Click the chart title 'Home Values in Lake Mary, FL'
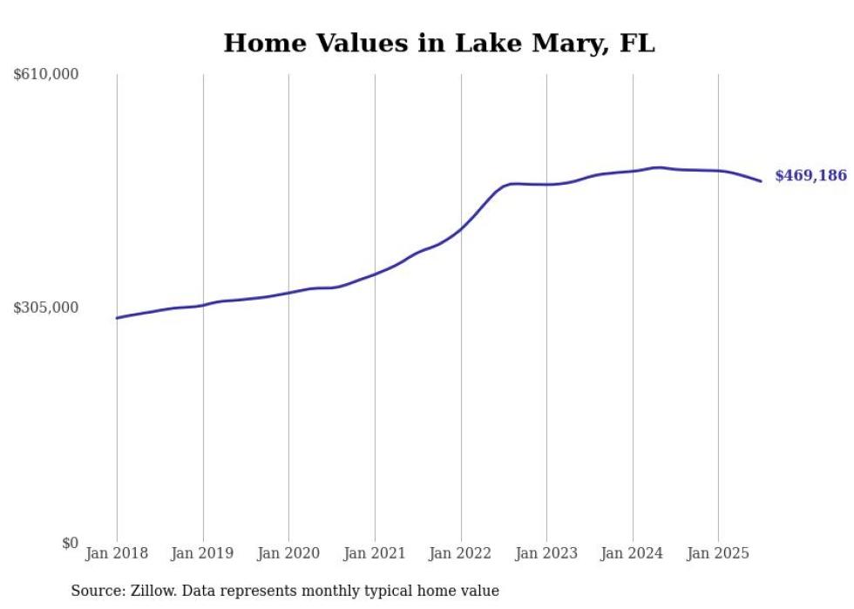click(438, 44)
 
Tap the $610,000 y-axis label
click(46, 75)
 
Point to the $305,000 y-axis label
click(46, 308)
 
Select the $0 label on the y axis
click(70, 543)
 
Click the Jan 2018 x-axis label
click(117, 553)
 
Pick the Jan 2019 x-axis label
click(203, 553)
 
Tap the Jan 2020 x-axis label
click(288, 553)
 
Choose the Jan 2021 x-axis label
click(375, 553)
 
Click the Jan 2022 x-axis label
click(461, 553)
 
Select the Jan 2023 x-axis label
click(546, 553)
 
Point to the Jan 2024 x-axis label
click(633, 553)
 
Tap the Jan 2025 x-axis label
click(718, 553)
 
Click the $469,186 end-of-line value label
click(810, 176)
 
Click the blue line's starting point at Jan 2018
click(117, 318)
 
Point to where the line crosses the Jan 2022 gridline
click(461, 228)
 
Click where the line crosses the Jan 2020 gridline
click(288, 293)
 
